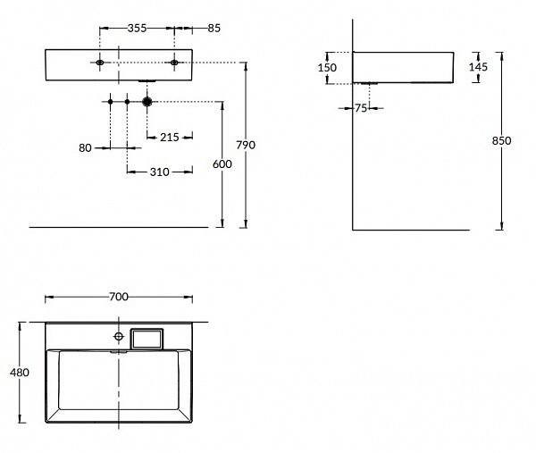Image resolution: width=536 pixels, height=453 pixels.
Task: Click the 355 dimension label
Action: (x=137, y=29)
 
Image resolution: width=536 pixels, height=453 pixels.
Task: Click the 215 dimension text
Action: (x=170, y=137)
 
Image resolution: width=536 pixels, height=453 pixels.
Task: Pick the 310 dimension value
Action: (x=161, y=170)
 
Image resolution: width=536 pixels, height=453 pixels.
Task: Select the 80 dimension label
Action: (x=86, y=148)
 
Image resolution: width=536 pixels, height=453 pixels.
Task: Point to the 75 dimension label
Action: (x=361, y=109)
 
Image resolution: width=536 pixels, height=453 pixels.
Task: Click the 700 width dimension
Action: (x=120, y=296)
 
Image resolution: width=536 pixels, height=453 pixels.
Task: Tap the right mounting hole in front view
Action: (x=174, y=62)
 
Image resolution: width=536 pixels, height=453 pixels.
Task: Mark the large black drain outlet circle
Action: (x=148, y=102)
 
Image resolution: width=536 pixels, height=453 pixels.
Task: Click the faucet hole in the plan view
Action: (x=118, y=338)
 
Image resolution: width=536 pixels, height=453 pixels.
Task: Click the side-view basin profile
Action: (x=408, y=67)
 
